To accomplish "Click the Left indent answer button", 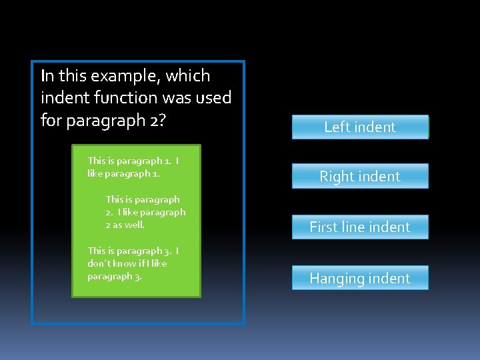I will pyautogui.click(x=360, y=127).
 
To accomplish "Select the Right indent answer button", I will pyautogui.click(x=360, y=177).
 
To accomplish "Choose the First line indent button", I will pyautogui.click(x=360, y=227).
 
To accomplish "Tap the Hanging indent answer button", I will pyautogui.click(x=360, y=278).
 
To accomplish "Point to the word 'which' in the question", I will pyautogui.click(x=188, y=76).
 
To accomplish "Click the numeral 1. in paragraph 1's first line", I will pyautogui.click(x=167, y=161).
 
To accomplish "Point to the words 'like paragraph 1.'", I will pyautogui.click(x=123, y=173).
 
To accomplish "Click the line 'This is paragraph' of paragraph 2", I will pyautogui.click(x=143, y=199).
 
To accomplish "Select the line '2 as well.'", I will pyautogui.click(x=125, y=225).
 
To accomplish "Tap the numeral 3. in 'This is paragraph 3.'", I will pyautogui.click(x=168, y=251).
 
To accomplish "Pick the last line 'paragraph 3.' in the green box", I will pyautogui.click(x=115, y=276).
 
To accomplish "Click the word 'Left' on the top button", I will pyautogui.click(x=337, y=127).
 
